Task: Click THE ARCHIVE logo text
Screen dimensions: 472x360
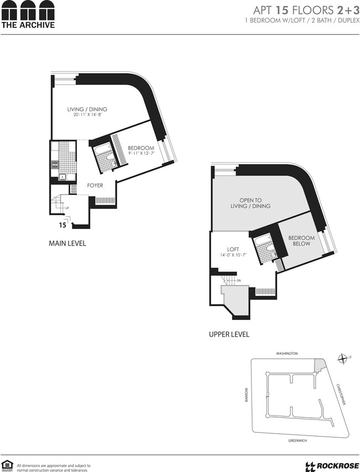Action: click(x=28, y=24)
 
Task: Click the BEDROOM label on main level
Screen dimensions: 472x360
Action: click(x=141, y=148)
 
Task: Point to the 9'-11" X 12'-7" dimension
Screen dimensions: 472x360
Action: click(x=141, y=154)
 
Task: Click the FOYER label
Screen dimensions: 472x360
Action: click(x=95, y=185)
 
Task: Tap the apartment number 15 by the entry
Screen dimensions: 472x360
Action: click(x=63, y=225)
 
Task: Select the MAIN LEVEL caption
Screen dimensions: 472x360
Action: click(x=68, y=243)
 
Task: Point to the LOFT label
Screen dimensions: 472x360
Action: click(x=233, y=249)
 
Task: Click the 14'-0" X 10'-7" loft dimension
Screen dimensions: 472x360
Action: click(x=233, y=255)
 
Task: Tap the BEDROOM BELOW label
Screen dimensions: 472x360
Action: click(x=301, y=241)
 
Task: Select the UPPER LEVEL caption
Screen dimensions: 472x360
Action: click(x=229, y=334)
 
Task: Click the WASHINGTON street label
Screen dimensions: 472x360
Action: click(x=287, y=353)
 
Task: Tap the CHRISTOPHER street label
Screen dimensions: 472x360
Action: click(x=340, y=394)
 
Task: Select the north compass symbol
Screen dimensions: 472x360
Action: click(x=343, y=358)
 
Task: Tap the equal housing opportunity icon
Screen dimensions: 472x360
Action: click(x=8, y=465)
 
